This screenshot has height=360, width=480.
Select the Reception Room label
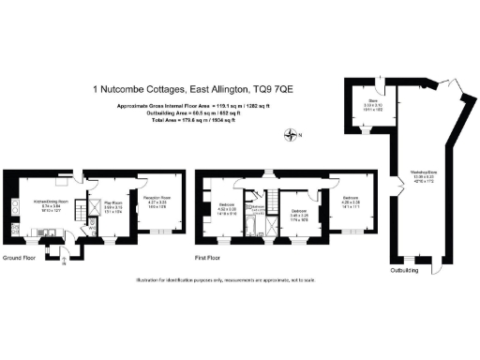click(155, 199)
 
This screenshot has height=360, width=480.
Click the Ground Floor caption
click(20, 257)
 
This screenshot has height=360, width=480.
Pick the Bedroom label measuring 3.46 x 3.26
click(299, 213)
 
